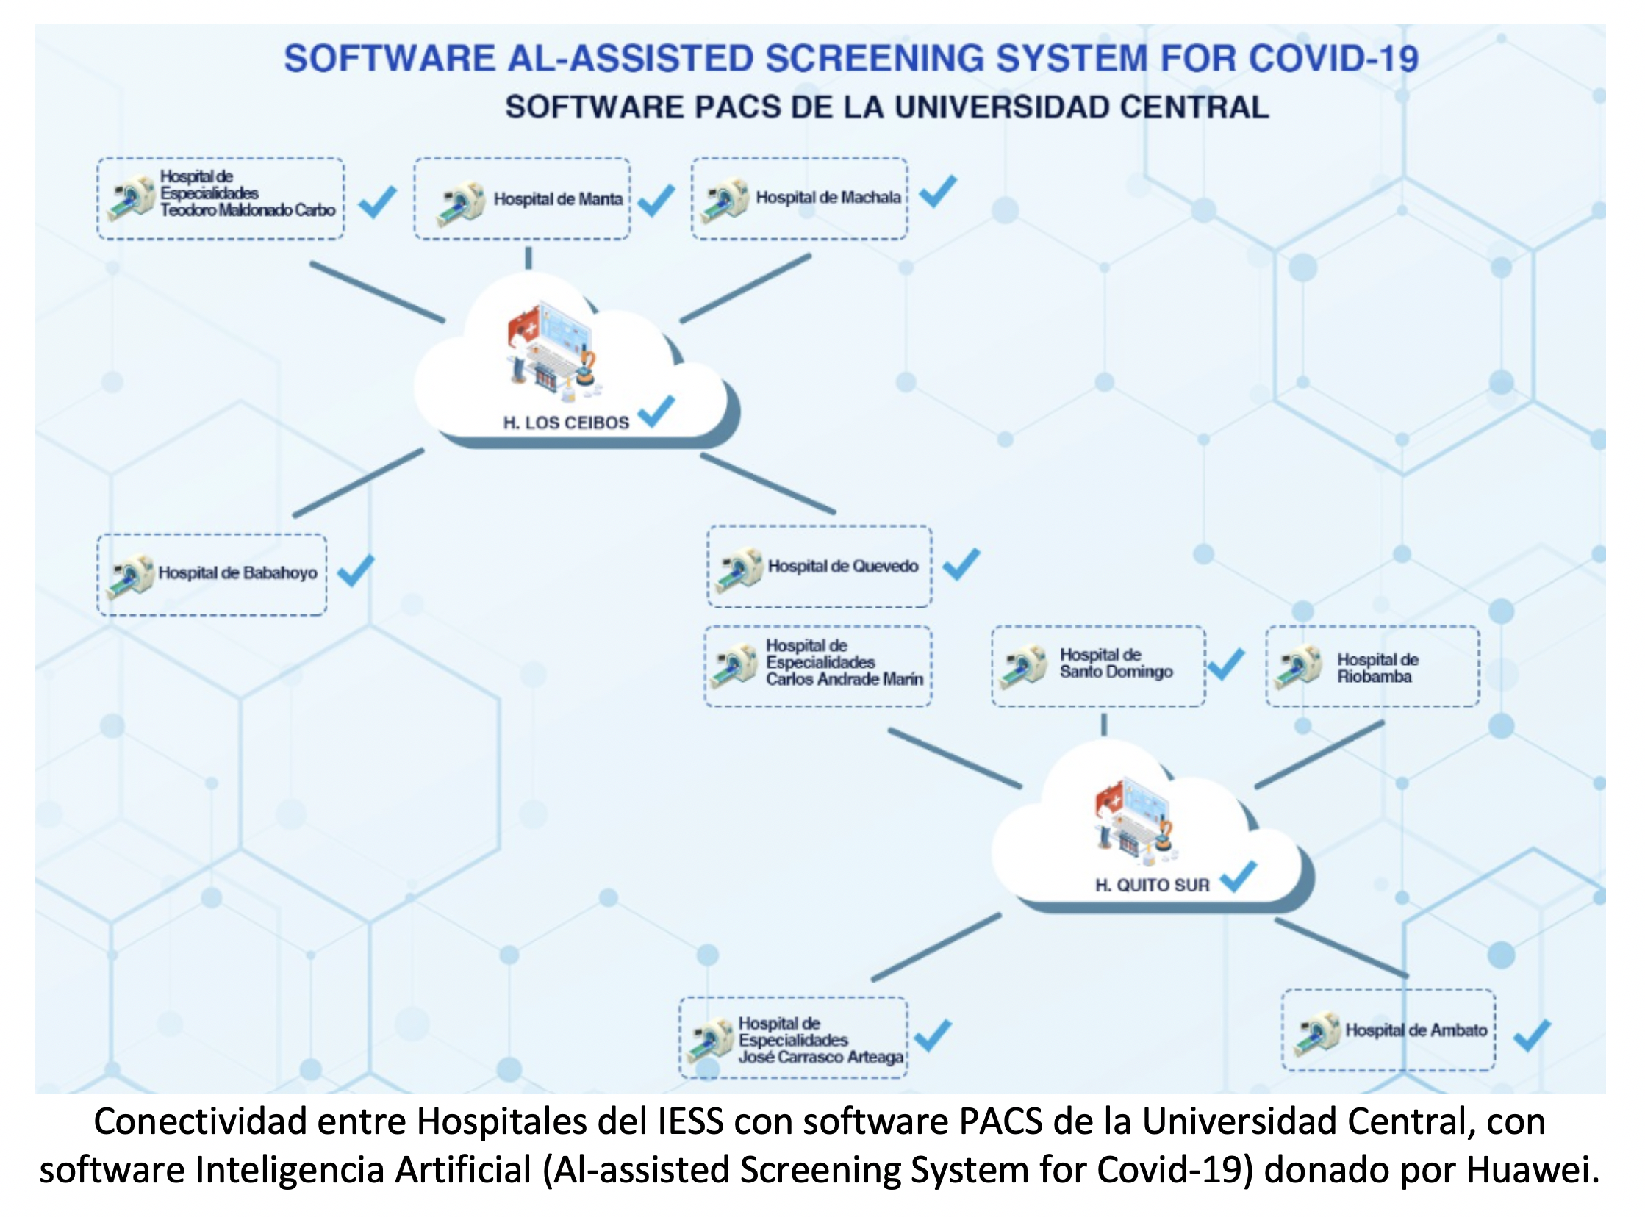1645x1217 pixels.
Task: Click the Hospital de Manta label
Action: pyautogui.click(x=558, y=199)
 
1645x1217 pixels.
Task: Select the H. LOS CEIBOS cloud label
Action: pyautogui.click(x=566, y=423)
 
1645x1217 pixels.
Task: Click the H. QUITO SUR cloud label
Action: pyautogui.click(x=1153, y=885)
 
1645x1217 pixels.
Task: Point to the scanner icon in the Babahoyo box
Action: pyautogui.click(x=131, y=575)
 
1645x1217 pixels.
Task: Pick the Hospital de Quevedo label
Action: pyautogui.click(x=843, y=566)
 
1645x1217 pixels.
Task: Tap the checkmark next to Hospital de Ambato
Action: pyautogui.click(x=1533, y=1035)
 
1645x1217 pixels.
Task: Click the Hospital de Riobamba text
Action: pyautogui.click(x=1377, y=667)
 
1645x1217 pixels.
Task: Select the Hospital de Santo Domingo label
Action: pyautogui.click(x=1116, y=663)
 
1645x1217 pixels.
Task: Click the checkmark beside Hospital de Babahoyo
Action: pyautogui.click(x=356, y=570)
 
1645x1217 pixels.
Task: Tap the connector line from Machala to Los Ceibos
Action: pyautogui.click(x=745, y=288)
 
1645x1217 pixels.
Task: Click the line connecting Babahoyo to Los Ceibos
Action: pyautogui.click(x=358, y=483)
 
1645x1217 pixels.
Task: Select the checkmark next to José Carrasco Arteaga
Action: pyautogui.click(x=933, y=1035)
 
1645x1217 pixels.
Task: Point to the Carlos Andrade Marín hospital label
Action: pyautogui.click(x=845, y=662)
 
